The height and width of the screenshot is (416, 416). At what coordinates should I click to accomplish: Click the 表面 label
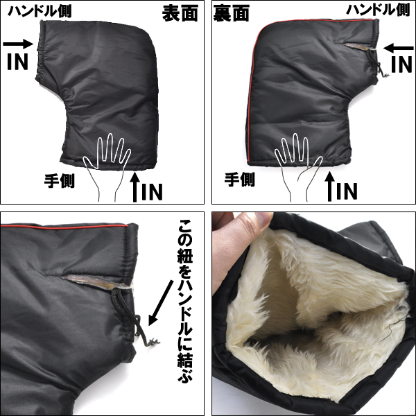[180, 13]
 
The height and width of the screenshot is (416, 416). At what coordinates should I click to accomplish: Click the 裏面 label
[231, 13]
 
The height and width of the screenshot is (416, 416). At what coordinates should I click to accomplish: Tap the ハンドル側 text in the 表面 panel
[40, 11]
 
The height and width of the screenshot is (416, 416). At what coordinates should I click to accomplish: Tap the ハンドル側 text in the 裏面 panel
[378, 10]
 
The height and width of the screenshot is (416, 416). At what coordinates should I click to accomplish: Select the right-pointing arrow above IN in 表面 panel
[18, 44]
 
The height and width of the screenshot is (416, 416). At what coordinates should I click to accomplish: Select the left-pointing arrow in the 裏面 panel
[399, 49]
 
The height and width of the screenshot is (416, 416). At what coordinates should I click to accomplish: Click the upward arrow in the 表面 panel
[135, 187]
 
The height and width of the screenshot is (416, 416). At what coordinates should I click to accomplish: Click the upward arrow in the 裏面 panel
[330, 187]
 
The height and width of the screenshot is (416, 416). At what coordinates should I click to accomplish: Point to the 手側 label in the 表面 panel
[60, 181]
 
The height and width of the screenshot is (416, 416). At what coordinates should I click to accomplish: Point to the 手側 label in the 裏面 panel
[240, 180]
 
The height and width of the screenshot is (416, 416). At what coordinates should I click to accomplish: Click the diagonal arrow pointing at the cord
[160, 303]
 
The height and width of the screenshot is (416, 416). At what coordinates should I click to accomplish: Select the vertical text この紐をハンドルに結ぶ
[185, 301]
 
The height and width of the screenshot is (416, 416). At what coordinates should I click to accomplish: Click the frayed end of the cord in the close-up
[153, 343]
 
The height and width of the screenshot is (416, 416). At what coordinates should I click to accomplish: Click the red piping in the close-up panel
[64, 227]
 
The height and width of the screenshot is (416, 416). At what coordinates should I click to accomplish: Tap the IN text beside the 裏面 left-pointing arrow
[401, 64]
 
